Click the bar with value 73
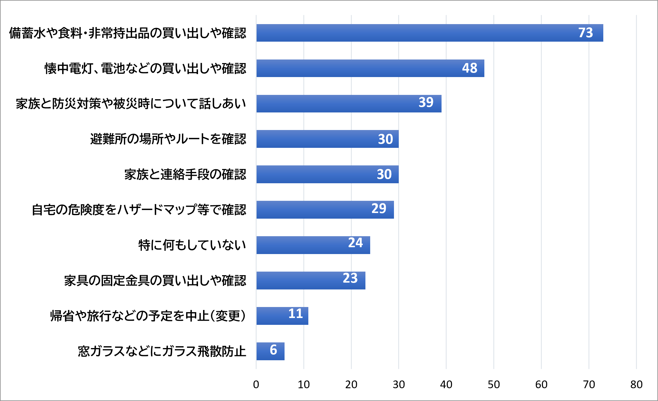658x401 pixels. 430,33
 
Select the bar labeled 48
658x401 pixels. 370,68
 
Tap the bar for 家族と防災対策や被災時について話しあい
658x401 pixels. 349,104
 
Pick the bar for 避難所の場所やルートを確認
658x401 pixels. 327,139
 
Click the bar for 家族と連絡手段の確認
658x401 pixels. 327,174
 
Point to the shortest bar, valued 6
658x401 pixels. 270,351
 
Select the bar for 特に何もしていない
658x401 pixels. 313,245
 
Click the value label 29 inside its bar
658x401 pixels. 379,209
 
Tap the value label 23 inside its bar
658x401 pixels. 350,278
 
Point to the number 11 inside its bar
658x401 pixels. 296,314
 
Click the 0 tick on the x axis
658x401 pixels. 256,385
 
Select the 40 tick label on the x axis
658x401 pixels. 446,385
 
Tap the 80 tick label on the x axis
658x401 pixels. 636,385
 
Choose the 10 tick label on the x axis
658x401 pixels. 304,385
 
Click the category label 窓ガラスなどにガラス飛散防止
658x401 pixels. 162,351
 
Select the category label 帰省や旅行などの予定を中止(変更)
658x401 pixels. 148,316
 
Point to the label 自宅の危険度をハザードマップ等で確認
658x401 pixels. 139,210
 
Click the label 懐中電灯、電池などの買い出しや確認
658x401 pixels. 145,68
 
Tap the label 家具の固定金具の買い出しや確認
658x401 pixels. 155,281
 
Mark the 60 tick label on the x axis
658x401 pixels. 541,385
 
